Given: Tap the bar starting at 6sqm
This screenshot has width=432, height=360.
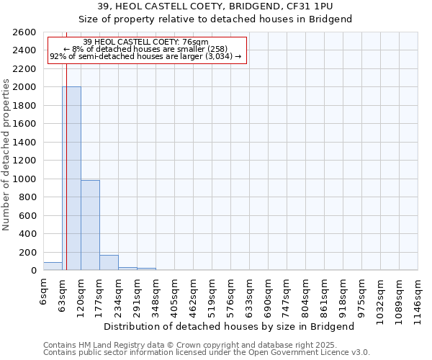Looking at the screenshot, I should point(53,266).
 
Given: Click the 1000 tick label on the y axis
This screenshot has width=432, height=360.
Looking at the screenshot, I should point(26,179).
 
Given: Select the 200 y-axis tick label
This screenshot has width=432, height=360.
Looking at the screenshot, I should point(29,253).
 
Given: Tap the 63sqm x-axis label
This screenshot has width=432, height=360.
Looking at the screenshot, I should point(63,294).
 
